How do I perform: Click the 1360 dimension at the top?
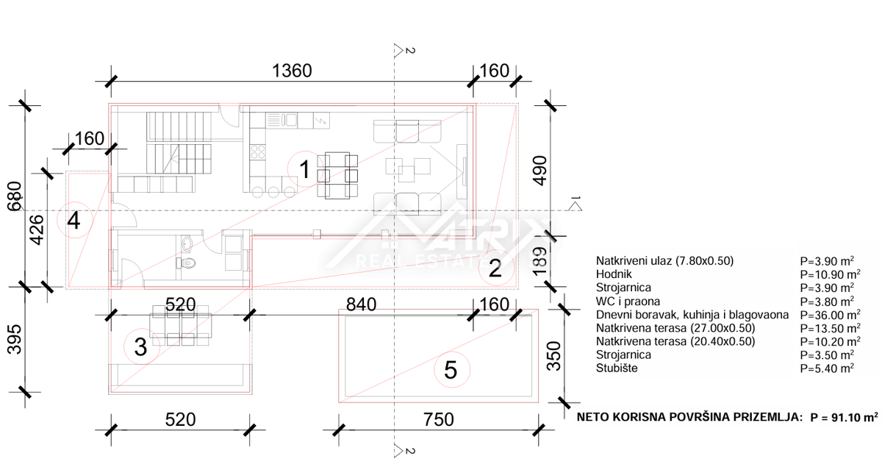(292, 71)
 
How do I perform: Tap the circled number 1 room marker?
(305, 169)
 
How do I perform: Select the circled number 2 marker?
(495, 268)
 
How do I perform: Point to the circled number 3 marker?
(141, 347)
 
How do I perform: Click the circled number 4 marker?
(74, 220)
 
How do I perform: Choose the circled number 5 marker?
(451, 369)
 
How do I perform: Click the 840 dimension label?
(361, 305)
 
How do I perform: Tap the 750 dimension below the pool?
(438, 419)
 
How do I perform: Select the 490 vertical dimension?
(539, 171)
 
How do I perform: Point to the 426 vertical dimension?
(37, 229)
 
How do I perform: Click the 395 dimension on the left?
(15, 339)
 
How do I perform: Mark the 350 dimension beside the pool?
(554, 356)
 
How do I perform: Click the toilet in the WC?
(186, 263)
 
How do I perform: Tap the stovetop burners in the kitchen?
(258, 152)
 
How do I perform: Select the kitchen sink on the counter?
(282, 119)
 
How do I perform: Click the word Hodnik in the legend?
(614, 274)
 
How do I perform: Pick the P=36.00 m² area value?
(830, 315)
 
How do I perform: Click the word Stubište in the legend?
(617, 368)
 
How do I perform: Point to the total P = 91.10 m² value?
(845, 417)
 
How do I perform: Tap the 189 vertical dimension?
(539, 261)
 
